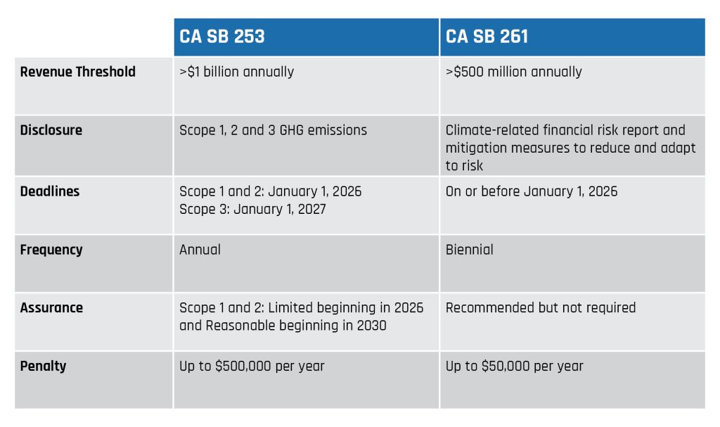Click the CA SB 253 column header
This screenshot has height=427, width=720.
(x=222, y=37)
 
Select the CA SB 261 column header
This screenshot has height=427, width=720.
(x=487, y=37)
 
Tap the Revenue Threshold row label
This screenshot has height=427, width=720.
(x=77, y=72)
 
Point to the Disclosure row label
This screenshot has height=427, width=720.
(x=51, y=130)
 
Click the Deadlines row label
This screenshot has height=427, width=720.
(x=49, y=191)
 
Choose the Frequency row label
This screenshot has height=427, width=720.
(x=51, y=250)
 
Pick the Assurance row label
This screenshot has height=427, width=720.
(x=51, y=307)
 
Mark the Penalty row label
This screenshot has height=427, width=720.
(x=44, y=366)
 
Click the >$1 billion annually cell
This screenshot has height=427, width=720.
(x=236, y=72)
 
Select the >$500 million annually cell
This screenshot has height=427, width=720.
(x=513, y=72)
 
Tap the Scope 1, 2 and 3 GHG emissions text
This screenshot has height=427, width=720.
(x=273, y=130)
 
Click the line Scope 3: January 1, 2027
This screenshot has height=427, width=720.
(x=252, y=209)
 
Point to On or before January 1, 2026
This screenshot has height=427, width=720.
(x=532, y=191)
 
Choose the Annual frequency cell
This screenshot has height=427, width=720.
(x=200, y=250)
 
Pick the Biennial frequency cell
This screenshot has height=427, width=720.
(x=469, y=250)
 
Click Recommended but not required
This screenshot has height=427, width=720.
(x=540, y=307)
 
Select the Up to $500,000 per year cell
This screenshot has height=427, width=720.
(x=252, y=366)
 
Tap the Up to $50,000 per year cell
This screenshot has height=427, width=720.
(x=514, y=366)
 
